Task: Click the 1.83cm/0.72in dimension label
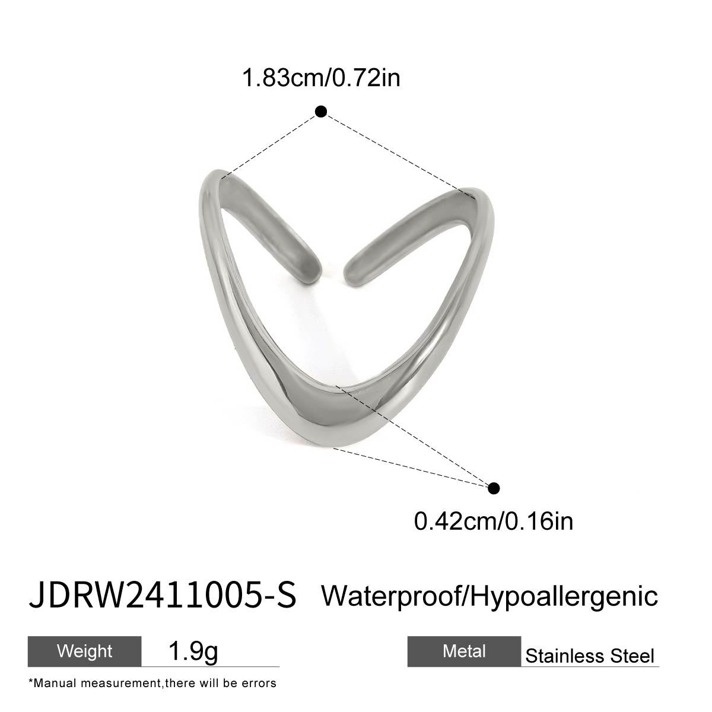(x=321, y=78)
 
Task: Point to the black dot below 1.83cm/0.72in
(x=321, y=112)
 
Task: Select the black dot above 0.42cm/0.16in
(x=494, y=488)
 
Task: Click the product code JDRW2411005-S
(x=162, y=595)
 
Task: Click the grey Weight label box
(x=84, y=651)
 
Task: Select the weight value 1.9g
(x=193, y=651)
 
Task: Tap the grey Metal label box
(x=464, y=651)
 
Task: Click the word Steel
(x=633, y=656)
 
